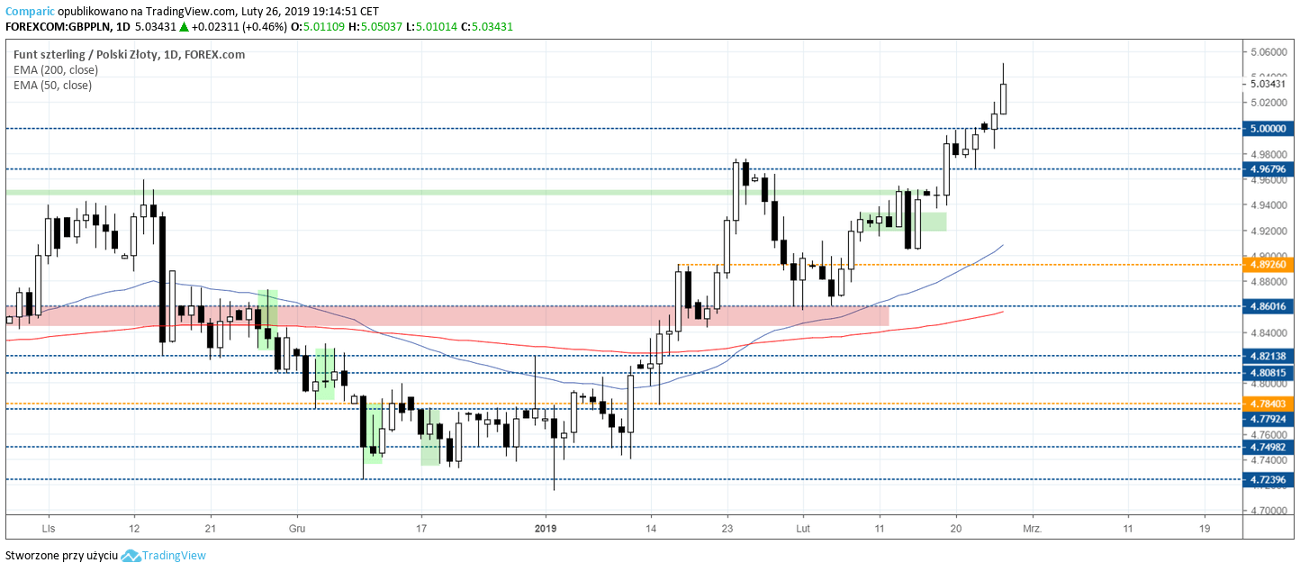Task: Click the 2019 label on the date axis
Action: point(546,529)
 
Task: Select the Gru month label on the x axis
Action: point(297,529)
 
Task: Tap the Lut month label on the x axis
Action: point(801,529)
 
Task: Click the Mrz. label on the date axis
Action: point(1032,529)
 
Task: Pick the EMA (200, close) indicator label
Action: point(52,69)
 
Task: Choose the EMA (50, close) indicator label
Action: point(52,86)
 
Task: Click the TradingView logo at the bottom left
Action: point(164,556)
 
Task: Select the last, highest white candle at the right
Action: point(1003,99)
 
